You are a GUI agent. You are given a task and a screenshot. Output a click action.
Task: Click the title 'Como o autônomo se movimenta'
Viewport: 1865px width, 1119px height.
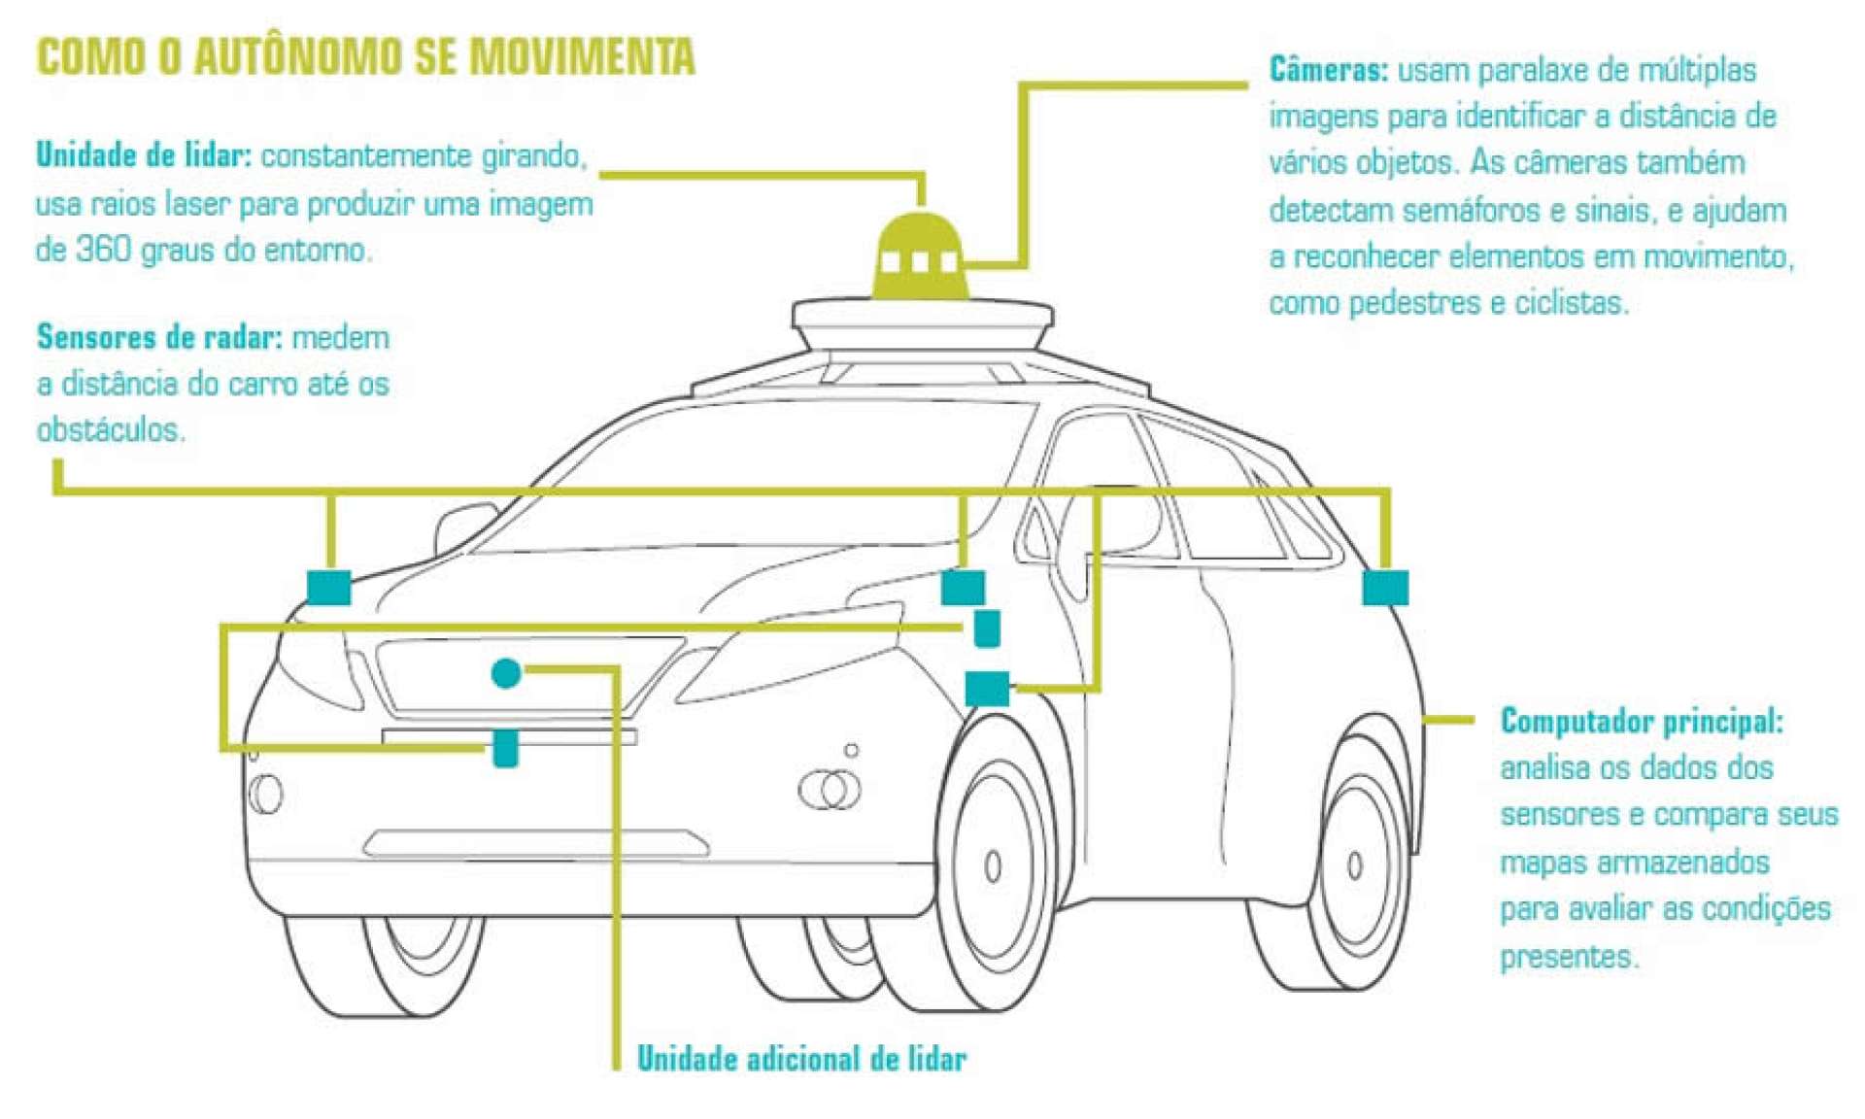[365, 56]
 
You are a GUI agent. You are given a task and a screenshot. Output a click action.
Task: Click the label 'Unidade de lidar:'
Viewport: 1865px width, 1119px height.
[144, 155]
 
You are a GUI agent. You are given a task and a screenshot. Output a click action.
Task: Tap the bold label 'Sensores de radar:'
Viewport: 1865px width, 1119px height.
[159, 337]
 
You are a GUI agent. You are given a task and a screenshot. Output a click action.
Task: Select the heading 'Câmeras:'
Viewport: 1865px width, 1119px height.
[1328, 70]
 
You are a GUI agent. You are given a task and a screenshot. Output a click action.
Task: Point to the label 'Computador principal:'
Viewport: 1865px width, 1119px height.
[1642, 721]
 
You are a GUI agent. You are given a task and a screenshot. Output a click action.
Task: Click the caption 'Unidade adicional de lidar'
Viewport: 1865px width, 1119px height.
[801, 1058]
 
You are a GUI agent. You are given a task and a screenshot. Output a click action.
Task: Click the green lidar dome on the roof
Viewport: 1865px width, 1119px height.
[920, 254]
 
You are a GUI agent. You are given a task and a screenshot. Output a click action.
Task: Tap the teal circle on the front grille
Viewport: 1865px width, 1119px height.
[506, 672]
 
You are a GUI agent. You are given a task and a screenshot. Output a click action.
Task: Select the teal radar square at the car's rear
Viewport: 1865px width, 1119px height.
[1384, 588]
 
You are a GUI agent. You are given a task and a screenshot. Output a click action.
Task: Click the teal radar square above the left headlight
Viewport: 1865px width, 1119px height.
[329, 588]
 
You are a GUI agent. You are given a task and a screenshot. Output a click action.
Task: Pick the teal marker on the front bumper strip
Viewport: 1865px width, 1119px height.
[505, 748]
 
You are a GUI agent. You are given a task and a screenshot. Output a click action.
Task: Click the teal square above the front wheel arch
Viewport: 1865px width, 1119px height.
[987, 689]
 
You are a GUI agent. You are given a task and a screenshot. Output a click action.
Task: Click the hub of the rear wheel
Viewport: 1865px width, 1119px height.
[1355, 864]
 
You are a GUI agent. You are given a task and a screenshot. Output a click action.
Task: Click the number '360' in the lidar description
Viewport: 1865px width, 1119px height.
[103, 250]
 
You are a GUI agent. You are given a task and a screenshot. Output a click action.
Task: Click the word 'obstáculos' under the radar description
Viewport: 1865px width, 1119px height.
[110, 429]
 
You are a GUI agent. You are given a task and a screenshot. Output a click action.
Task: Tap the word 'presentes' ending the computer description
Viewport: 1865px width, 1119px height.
[1568, 957]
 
